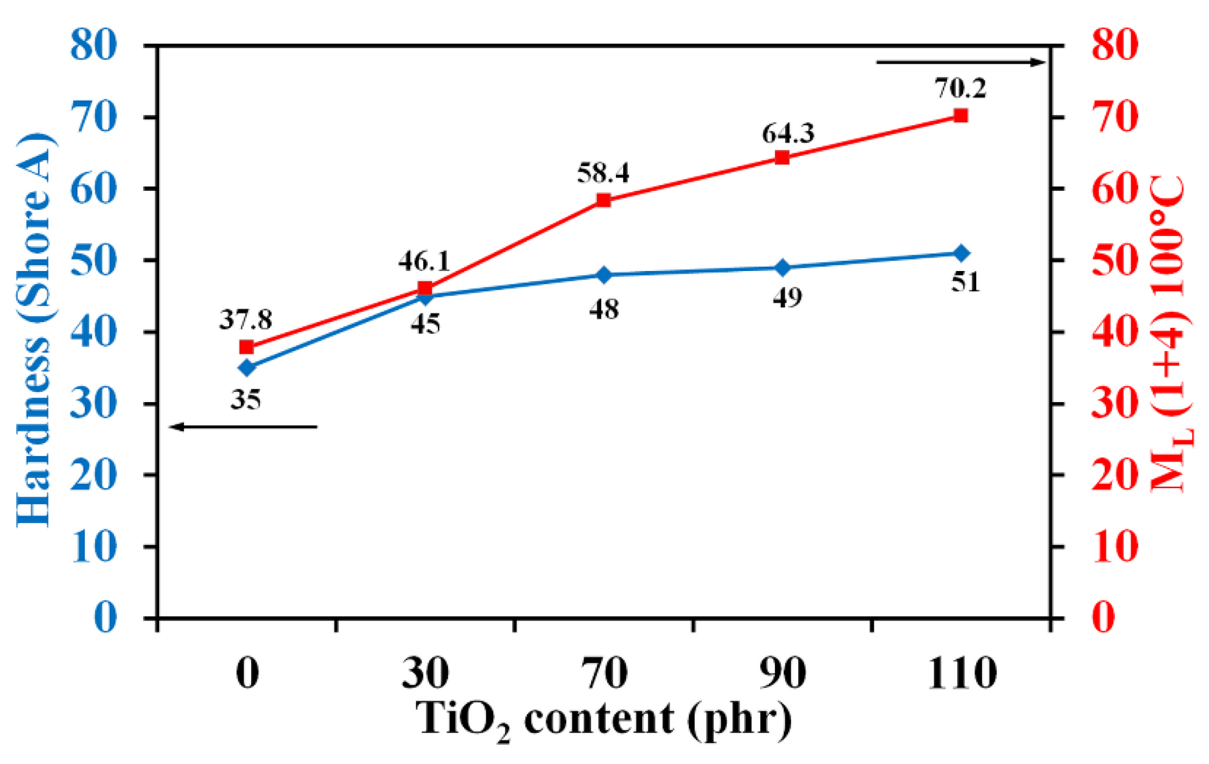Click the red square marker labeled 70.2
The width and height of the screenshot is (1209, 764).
(x=961, y=116)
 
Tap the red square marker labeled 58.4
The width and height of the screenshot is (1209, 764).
(x=603, y=201)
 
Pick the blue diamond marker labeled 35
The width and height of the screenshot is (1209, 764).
(x=247, y=368)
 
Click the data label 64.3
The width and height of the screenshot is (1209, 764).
(x=788, y=133)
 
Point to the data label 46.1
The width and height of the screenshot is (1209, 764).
(x=424, y=261)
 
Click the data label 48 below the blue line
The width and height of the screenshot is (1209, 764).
(x=603, y=310)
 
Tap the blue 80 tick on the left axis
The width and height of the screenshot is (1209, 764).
(x=93, y=45)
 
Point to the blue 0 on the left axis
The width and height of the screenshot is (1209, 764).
(x=105, y=617)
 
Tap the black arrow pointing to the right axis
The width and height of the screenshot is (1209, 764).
(x=961, y=62)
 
